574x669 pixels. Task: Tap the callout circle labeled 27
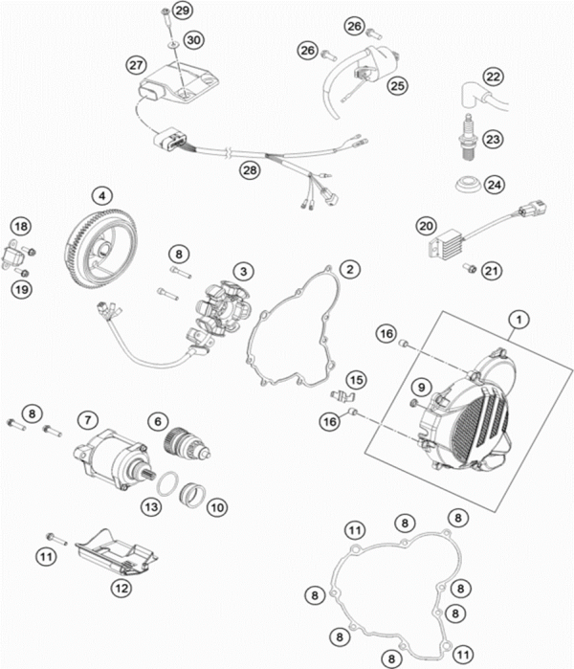[135, 64]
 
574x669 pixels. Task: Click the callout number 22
[492, 77]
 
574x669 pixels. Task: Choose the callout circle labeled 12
[121, 587]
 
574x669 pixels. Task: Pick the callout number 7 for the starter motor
[87, 419]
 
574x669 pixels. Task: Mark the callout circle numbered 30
[194, 40]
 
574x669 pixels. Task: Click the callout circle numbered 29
[183, 11]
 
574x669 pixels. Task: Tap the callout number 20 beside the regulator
[426, 226]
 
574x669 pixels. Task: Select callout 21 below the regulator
[492, 272]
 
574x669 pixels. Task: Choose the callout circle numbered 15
[356, 381]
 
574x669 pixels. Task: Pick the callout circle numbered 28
[250, 170]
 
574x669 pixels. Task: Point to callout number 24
[492, 184]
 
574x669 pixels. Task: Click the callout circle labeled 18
[20, 226]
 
